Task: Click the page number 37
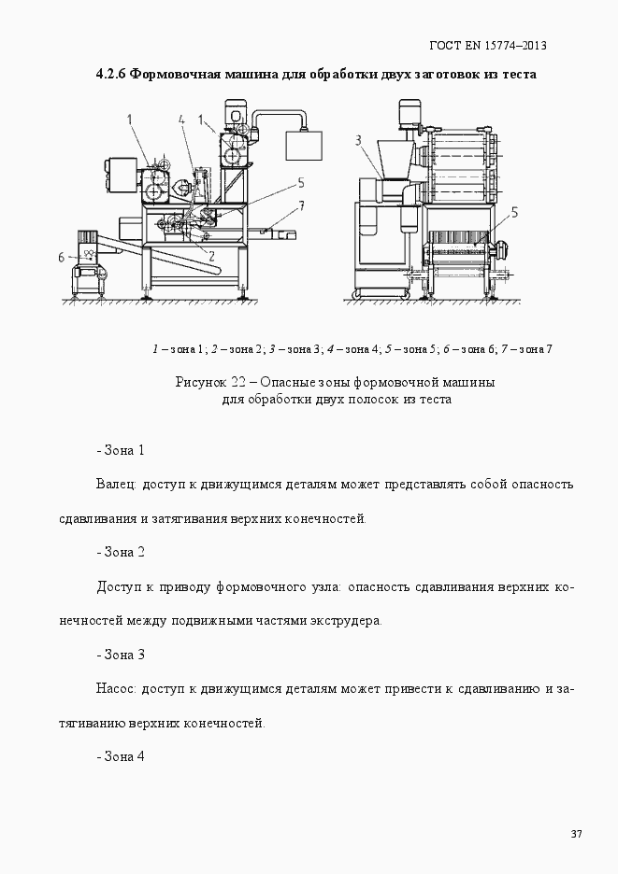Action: (576, 834)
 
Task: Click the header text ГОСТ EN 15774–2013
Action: (487, 45)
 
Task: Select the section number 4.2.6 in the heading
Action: (111, 74)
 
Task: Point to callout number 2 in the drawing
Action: (212, 254)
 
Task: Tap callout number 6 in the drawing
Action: (62, 256)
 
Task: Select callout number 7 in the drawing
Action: (300, 204)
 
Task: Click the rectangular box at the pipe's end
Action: (303, 148)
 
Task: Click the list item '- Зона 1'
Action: (121, 450)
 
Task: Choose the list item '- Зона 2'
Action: (121, 552)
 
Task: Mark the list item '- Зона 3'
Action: (121, 654)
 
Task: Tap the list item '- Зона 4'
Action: (121, 755)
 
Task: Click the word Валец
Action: (117, 485)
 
